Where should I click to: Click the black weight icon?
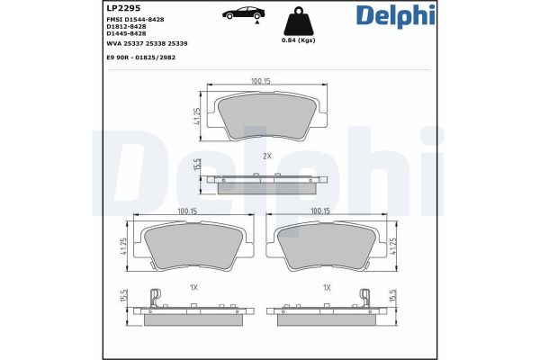297,23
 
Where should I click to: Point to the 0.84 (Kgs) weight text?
298,41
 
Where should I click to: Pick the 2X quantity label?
266,156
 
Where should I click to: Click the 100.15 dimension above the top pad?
261,81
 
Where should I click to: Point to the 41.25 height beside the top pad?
197,116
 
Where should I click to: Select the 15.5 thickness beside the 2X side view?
196,166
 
